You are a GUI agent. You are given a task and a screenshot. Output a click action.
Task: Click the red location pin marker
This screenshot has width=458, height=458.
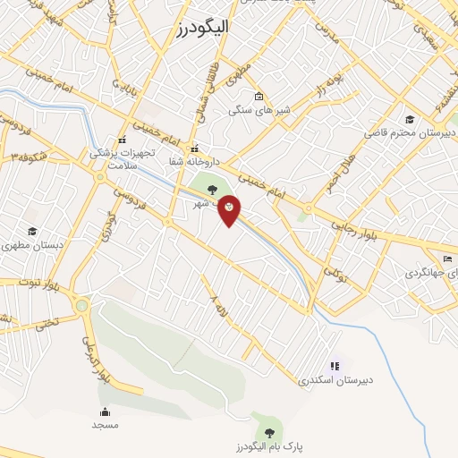pos(229,209)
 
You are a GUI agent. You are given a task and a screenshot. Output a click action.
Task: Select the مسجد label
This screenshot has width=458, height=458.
pos(104,425)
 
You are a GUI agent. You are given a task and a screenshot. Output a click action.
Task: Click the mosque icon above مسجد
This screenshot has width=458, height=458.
pos(105,411)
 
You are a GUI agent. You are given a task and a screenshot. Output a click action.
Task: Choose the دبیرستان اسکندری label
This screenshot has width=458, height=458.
pos(336,379)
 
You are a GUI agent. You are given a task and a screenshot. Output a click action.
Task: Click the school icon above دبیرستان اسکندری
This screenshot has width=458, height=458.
pos(335,365)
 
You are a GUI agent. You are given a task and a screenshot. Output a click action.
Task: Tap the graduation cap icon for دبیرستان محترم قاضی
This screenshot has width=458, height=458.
pos(410,119)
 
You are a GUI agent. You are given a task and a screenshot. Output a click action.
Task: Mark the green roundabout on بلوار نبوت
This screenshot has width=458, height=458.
pos(82,306)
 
